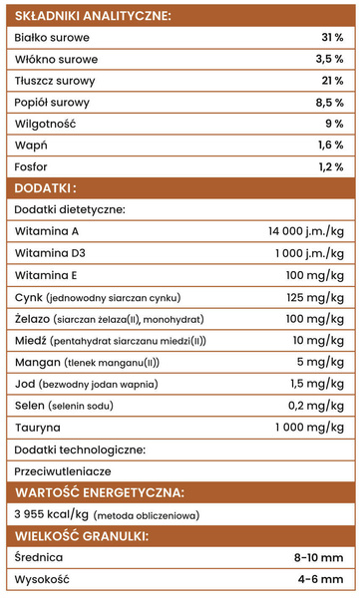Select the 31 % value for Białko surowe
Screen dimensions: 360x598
(x=332, y=38)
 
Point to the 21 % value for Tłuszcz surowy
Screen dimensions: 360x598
(x=332, y=81)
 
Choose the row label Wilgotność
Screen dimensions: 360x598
(x=46, y=124)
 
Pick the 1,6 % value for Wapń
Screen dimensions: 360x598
(x=330, y=146)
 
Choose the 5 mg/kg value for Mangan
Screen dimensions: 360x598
(x=321, y=362)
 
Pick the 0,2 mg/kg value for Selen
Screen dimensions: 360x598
(x=316, y=405)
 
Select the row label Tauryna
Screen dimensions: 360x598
(x=39, y=427)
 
